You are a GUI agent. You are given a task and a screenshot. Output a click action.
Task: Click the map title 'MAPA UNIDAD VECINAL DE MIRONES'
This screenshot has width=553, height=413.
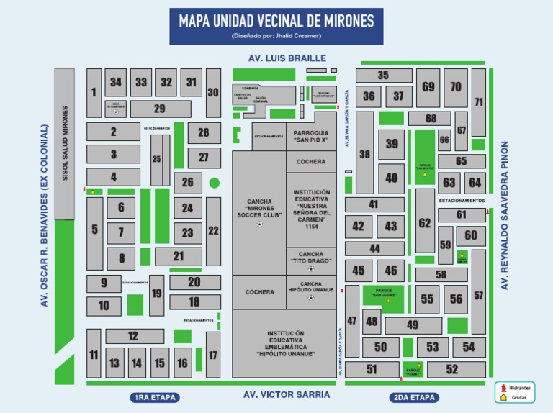(276, 21)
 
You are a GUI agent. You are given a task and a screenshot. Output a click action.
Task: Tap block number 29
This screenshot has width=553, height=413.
(159, 109)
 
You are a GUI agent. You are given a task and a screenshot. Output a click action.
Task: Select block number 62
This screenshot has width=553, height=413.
(425, 223)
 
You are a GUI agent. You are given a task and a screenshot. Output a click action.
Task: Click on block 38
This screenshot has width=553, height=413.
(365, 153)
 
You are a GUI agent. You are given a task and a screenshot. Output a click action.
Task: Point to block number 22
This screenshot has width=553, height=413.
(213, 231)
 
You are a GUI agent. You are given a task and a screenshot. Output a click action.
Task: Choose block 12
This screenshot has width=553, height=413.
(133, 336)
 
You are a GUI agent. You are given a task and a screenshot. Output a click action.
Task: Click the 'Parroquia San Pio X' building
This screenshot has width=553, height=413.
(311, 136)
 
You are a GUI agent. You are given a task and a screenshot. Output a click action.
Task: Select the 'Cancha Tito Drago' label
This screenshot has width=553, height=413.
(311, 258)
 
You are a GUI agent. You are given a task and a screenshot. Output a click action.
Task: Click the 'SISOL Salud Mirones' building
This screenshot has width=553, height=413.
(65, 143)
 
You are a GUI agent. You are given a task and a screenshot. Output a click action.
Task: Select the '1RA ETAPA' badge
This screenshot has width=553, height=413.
(154, 397)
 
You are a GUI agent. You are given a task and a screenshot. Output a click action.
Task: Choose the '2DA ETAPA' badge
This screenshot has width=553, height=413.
(413, 397)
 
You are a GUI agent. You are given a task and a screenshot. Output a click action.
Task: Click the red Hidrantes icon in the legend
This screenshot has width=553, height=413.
(501, 386)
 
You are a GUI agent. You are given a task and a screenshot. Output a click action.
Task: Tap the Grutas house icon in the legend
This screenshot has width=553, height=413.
(501, 396)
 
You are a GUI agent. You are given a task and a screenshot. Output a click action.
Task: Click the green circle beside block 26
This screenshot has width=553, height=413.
(214, 183)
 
